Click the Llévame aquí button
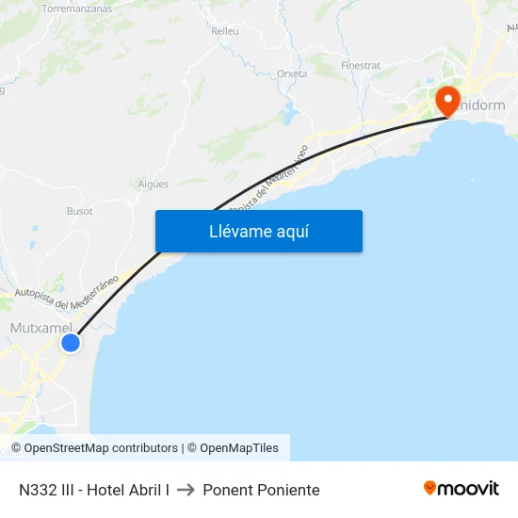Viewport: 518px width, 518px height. pos(259,232)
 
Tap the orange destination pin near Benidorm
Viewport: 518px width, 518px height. pos(445,100)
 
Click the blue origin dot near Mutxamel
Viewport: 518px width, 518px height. pos(71,343)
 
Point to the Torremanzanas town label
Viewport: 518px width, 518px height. pos(77,8)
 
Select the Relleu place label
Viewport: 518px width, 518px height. pos(225,31)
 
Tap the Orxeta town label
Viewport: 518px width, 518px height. pos(292,73)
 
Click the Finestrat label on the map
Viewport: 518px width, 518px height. pos(361,66)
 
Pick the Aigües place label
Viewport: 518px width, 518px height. pos(154,184)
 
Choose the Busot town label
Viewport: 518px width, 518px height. pos(80,211)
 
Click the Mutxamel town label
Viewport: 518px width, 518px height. pos(40,327)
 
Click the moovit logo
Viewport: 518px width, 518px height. pos(461,489)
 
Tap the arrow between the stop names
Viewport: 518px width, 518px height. pos(186,490)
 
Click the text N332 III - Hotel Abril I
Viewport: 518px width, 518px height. pos(94,490)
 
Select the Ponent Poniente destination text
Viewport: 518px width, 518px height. pos(261,490)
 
